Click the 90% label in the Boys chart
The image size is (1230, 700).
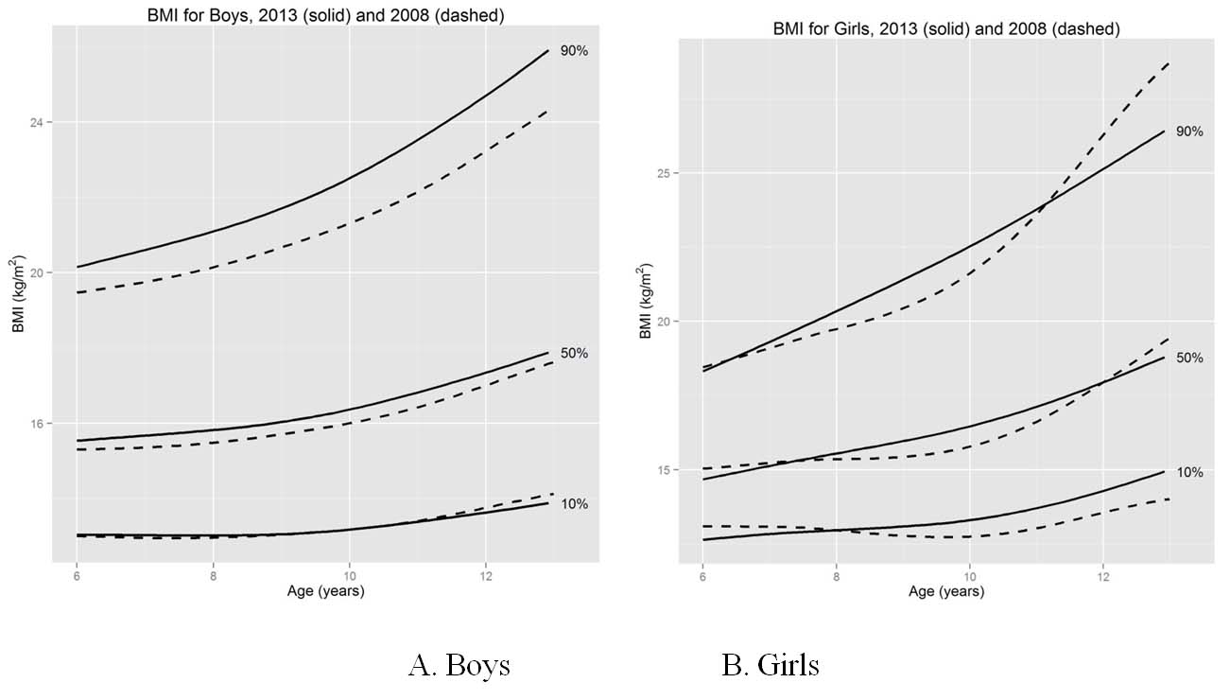573,51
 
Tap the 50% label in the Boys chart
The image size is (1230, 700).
573,353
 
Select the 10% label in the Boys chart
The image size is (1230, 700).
573,504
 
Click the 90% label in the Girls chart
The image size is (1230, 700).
1189,131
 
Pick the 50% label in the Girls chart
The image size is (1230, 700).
1189,359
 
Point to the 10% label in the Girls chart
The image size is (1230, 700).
1189,472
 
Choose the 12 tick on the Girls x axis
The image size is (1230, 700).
1103,576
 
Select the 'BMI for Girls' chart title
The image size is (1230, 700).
945,29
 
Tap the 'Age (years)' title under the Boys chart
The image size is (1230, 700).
325,591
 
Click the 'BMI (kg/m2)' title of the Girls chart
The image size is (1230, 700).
645,302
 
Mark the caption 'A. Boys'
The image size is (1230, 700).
459,665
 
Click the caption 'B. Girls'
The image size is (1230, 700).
770,665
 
